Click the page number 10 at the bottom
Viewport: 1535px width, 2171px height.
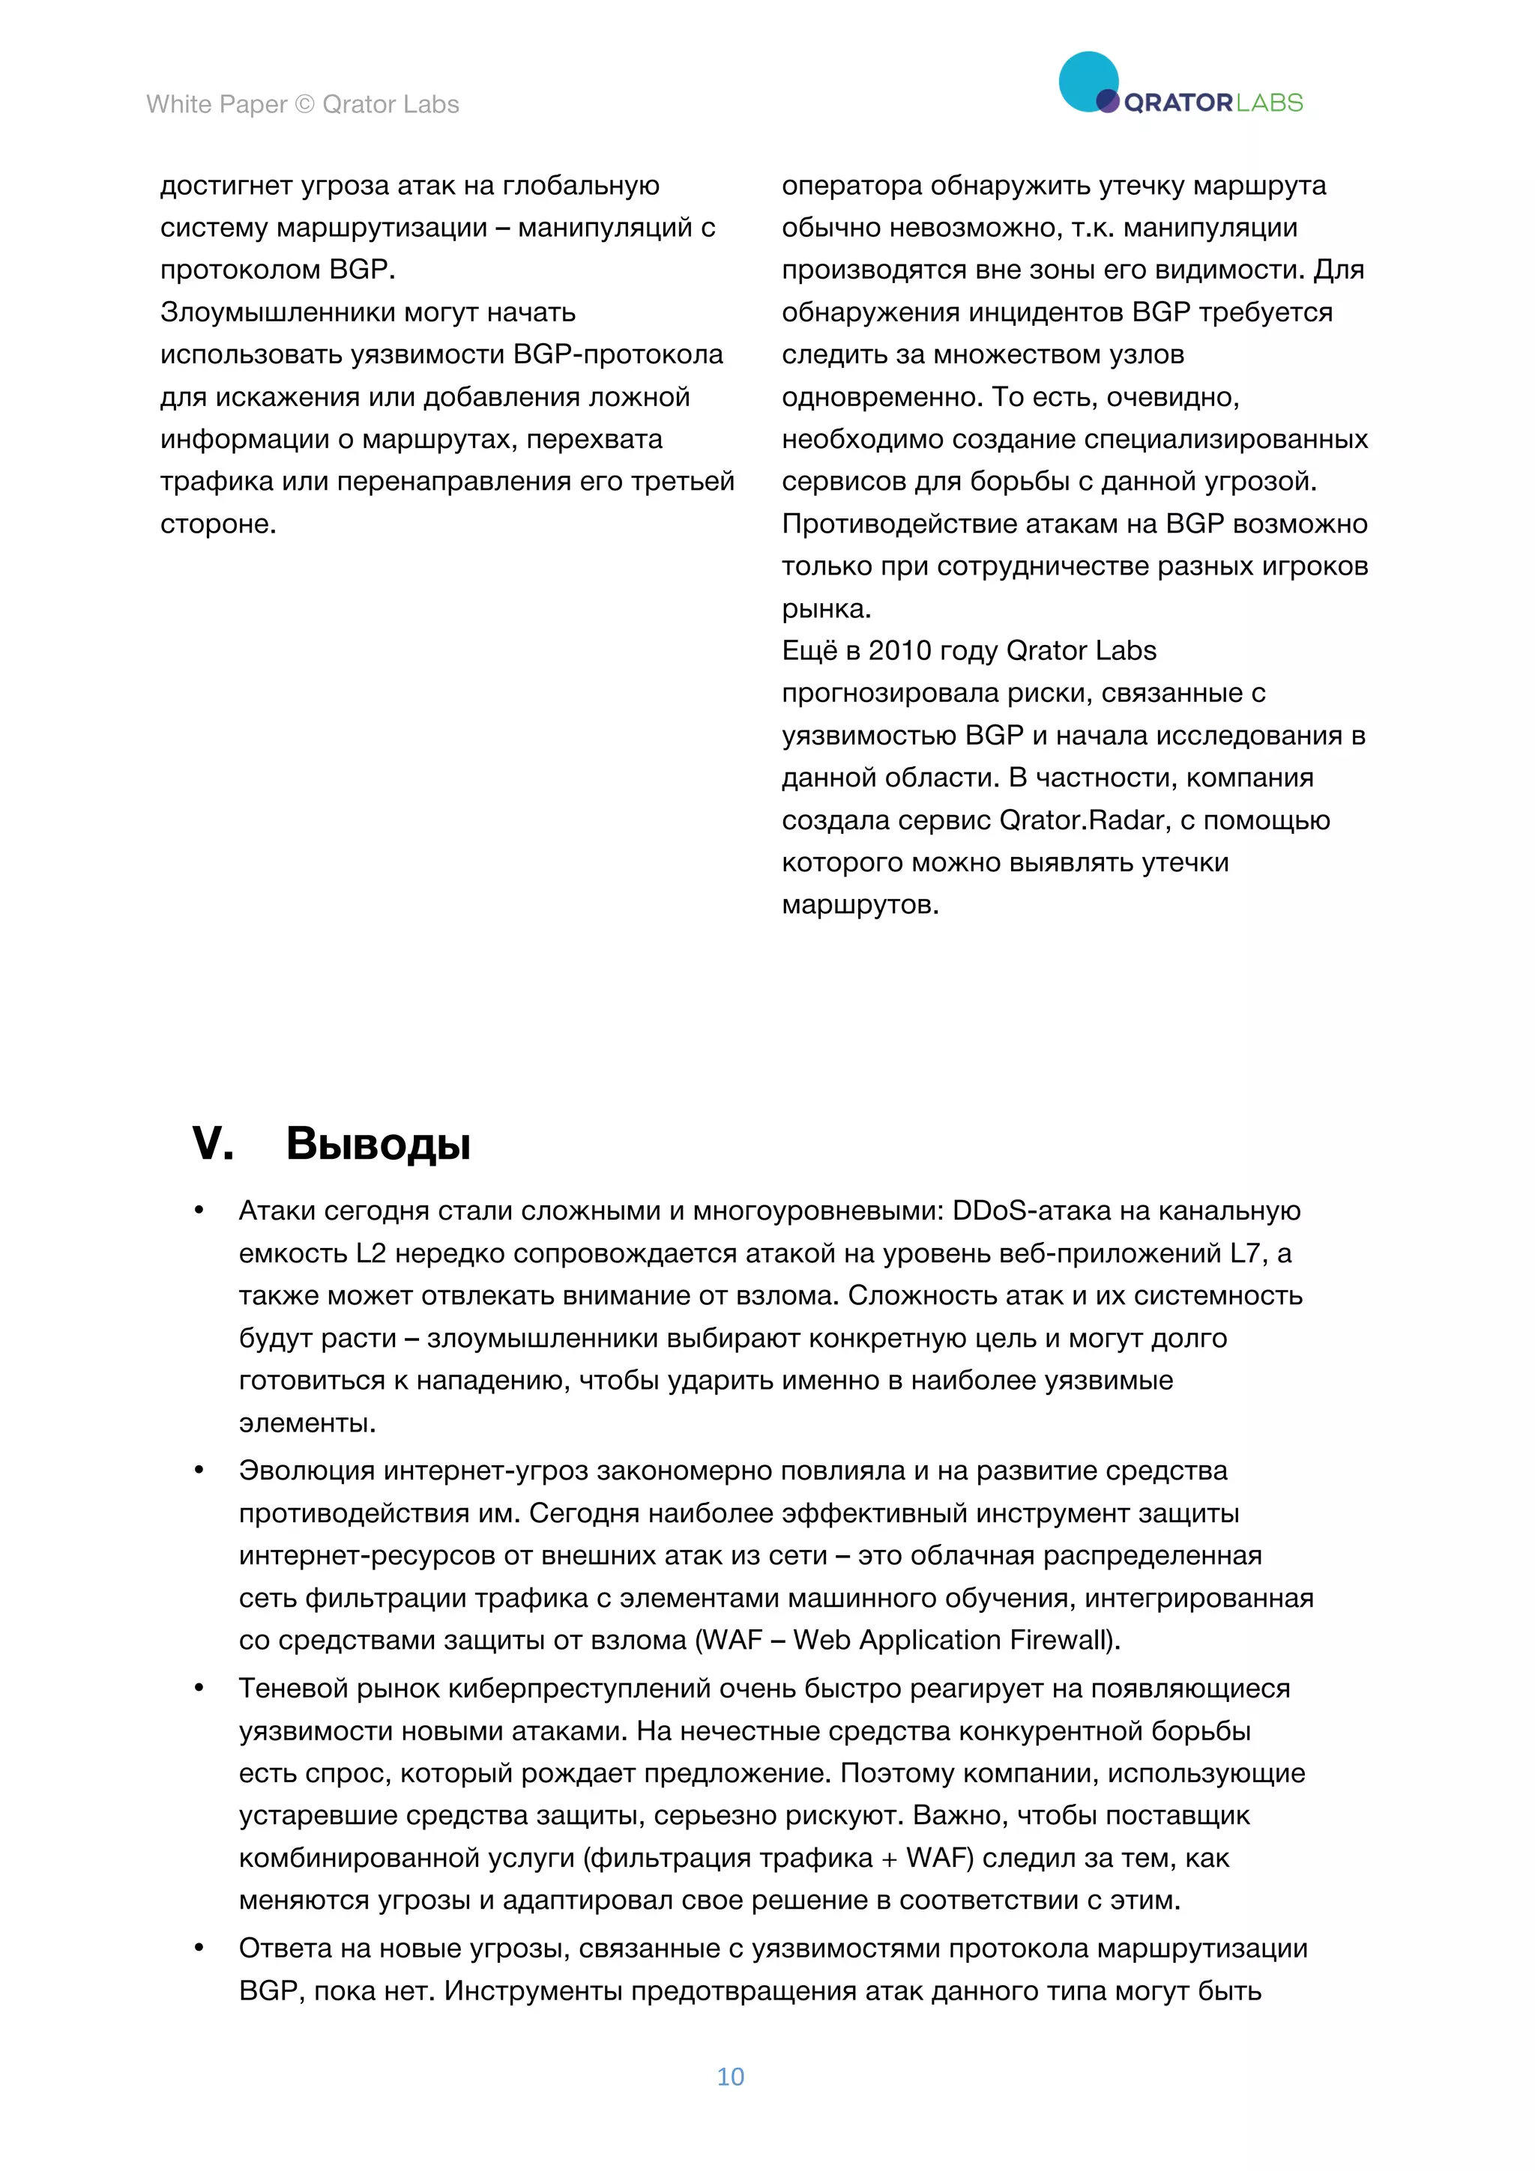pyautogui.click(x=730, y=2077)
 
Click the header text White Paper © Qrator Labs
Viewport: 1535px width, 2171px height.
pyautogui.click(x=303, y=104)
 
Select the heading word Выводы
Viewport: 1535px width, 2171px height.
pyautogui.click(x=379, y=1143)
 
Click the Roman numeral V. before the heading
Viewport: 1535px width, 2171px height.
pyautogui.click(x=213, y=1143)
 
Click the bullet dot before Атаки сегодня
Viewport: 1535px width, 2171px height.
pyautogui.click(x=199, y=1211)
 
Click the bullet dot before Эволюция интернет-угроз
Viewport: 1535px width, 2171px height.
pyautogui.click(x=199, y=1471)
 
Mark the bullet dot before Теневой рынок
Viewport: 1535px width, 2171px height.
pyautogui.click(x=199, y=1689)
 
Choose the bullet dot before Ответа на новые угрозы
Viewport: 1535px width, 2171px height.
pyautogui.click(x=199, y=1949)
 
